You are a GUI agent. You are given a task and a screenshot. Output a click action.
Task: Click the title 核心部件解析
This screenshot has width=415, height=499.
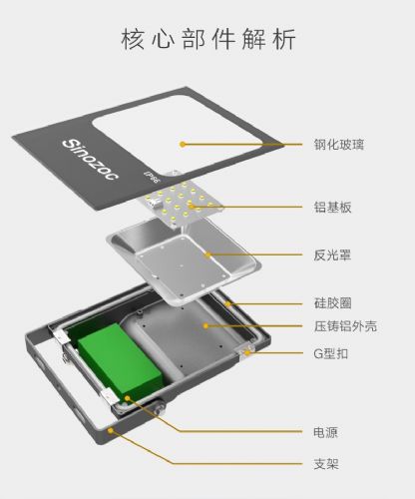[x=208, y=40]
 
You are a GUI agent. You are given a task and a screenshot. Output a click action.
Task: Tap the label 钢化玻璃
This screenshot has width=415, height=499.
[x=339, y=145]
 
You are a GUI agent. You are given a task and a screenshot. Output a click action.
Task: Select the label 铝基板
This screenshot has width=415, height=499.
[x=332, y=207]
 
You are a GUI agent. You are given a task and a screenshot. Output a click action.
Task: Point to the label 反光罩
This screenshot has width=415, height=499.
[x=332, y=255]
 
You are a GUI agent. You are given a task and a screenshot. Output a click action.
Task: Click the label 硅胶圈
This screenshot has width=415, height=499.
[x=332, y=303]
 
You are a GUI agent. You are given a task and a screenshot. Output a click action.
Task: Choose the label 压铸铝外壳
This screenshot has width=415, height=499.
[x=345, y=326]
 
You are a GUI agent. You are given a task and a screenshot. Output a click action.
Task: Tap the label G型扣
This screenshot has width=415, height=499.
[x=331, y=353]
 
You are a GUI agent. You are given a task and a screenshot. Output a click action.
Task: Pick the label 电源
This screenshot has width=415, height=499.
[x=326, y=432]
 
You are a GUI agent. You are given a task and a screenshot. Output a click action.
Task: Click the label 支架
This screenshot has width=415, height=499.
[x=326, y=464]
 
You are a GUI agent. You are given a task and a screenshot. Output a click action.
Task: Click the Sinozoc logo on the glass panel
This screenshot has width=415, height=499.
[x=90, y=160]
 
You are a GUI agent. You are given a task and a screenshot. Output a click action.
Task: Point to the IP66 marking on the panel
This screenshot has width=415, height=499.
[x=152, y=178]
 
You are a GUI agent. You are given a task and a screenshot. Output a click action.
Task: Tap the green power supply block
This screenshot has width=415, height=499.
[x=120, y=361]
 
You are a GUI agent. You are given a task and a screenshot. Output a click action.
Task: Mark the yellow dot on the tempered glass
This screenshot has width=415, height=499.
[x=183, y=144]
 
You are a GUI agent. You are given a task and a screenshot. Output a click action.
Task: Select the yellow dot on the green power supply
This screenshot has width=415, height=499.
[x=128, y=398]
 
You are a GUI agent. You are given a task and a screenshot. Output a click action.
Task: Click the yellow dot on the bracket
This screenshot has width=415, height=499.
[x=110, y=431]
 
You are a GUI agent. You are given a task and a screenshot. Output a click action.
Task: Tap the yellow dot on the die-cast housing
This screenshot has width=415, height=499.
[x=206, y=326]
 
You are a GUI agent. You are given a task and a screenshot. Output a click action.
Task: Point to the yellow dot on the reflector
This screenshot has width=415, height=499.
[x=208, y=255]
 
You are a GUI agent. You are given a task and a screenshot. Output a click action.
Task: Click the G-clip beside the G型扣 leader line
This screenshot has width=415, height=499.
[x=247, y=351]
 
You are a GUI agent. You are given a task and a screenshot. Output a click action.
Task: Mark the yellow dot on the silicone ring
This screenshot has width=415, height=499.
[x=227, y=303]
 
